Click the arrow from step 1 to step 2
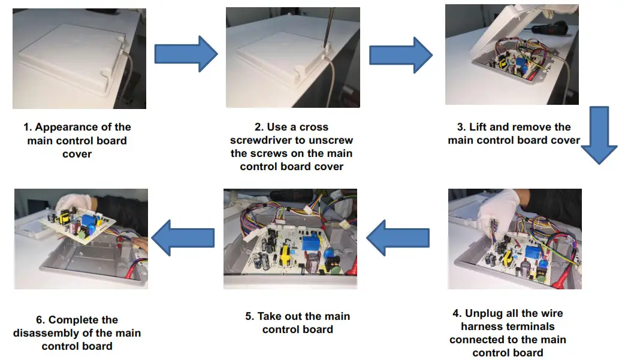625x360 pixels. (185, 53)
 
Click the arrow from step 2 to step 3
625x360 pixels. (400, 55)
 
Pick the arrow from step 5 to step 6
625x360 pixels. (183, 238)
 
